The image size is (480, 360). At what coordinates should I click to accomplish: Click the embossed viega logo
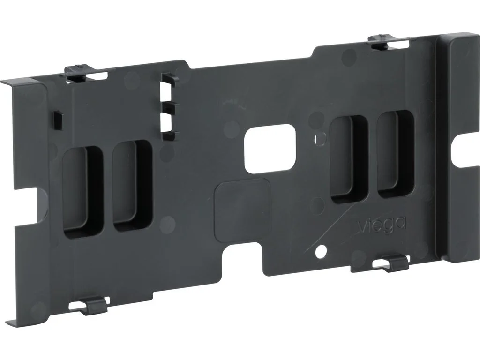(382, 225)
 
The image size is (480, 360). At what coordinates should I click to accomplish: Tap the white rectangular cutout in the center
(270, 149)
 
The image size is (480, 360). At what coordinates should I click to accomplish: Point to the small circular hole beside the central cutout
(320, 139)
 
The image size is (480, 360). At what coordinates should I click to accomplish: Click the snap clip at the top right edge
(389, 42)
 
